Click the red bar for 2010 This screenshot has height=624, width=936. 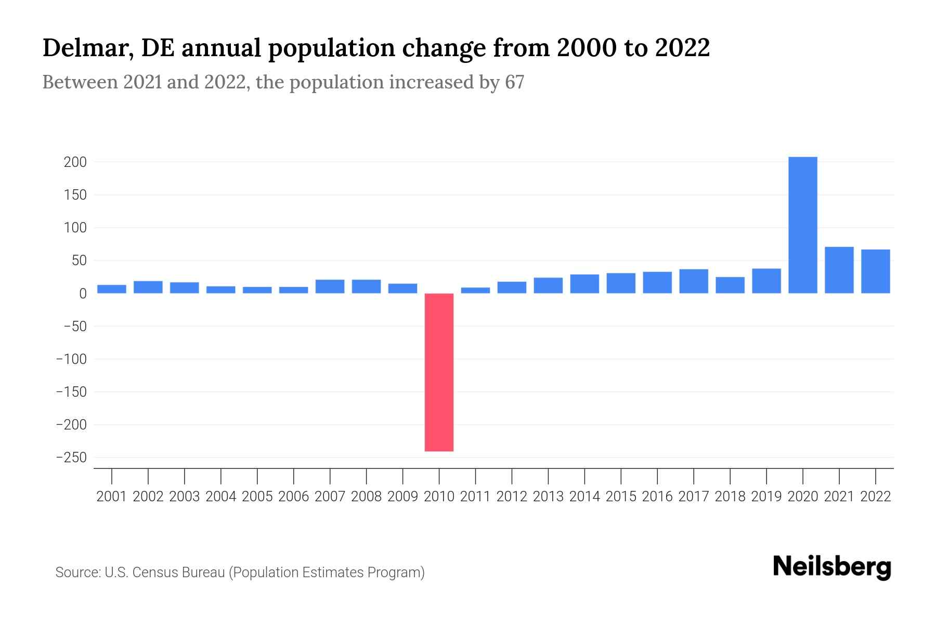click(x=439, y=372)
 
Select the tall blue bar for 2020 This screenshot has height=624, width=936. click(x=802, y=225)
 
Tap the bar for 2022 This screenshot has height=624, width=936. click(x=875, y=271)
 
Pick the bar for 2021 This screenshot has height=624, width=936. click(x=839, y=270)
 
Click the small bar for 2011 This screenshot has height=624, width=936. click(x=475, y=290)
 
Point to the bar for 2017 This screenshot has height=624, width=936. click(x=693, y=281)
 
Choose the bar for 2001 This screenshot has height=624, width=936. click(x=112, y=289)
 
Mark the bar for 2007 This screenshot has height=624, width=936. click(x=330, y=287)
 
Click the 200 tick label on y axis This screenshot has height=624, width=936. click(x=75, y=162)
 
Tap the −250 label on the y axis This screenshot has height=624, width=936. click(x=71, y=458)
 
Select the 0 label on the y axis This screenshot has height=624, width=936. click(x=83, y=294)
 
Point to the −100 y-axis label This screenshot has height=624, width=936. click(x=71, y=359)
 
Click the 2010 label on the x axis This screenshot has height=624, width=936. click(x=439, y=497)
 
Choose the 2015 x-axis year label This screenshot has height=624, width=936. click(x=621, y=497)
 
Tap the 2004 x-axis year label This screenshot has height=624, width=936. click(x=221, y=497)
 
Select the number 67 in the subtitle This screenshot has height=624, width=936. click(x=514, y=82)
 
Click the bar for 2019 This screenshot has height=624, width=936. click(x=766, y=281)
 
